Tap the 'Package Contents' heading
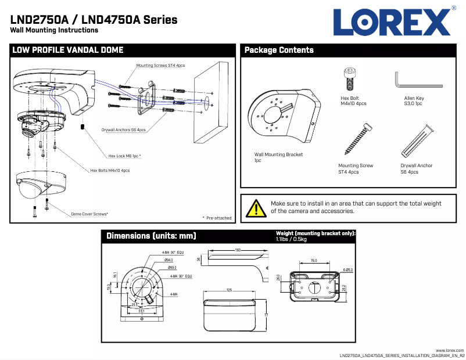pos(279,51)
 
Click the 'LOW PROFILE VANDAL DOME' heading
pos(68,51)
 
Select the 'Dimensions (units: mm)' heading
pos(151,236)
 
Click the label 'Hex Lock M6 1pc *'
pos(125,156)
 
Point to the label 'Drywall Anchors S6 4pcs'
pos(124,130)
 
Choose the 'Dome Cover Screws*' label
pos(89,214)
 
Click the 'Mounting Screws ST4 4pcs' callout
pos(160,66)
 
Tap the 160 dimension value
pos(238,250)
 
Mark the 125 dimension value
pos(229,290)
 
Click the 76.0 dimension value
pos(313,261)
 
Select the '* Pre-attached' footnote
pos(217,218)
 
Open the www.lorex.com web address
pos(450,350)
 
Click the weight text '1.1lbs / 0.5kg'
pos(292,239)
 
